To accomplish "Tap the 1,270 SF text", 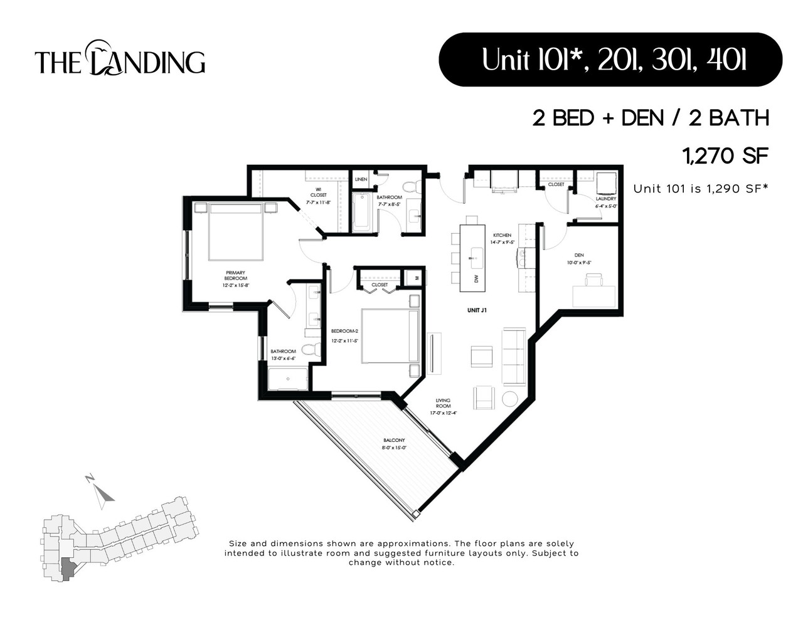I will coord(725,155).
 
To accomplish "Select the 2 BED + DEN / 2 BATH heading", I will coord(651,118).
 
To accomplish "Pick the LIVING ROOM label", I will coord(443,403).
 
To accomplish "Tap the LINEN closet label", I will coord(361,179).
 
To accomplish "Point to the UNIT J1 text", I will coord(477,310).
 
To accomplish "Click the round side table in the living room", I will coord(509,398).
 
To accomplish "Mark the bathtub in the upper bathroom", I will coord(363,212).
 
